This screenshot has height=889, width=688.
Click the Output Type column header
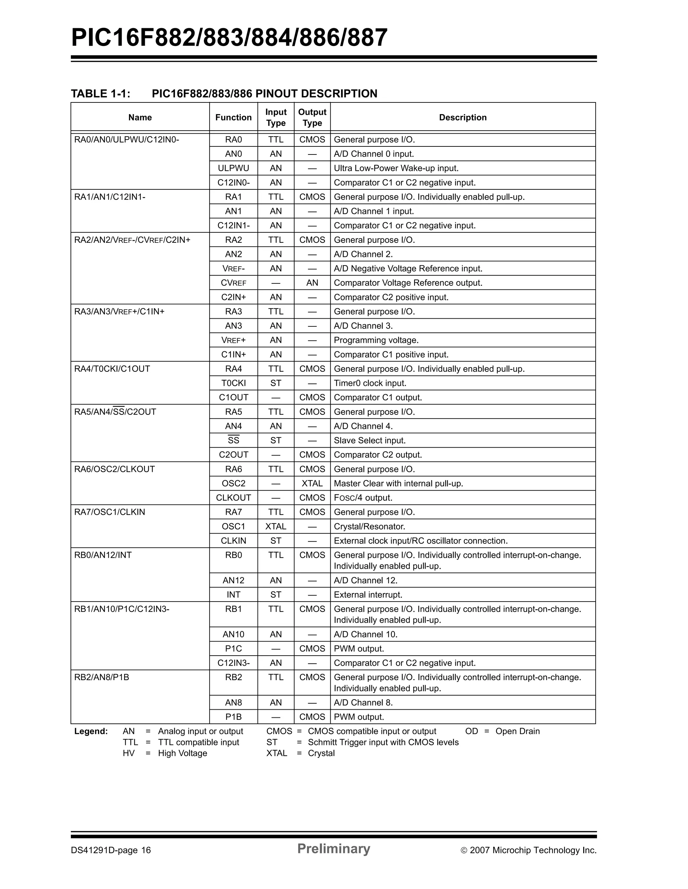(312, 117)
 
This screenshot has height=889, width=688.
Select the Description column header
(463, 117)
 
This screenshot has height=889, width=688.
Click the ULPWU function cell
(233, 168)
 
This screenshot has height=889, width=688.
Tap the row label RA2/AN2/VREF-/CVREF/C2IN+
(132, 240)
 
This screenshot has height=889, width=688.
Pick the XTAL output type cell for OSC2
(312, 483)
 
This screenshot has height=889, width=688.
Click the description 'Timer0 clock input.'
(370, 383)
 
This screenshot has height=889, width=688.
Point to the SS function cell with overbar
(233, 440)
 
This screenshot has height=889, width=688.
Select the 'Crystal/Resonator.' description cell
(369, 526)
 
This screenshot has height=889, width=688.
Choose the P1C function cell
(233, 649)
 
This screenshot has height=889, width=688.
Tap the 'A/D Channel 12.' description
(365, 580)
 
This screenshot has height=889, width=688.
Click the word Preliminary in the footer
(333, 848)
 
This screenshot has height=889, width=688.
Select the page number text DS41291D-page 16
(111, 850)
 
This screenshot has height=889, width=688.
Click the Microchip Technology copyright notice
(528, 850)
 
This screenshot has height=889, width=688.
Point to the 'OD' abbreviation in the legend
(471, 731)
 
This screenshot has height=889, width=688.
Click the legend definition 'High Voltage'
(182, 753)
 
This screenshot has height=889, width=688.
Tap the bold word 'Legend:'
(91, 731)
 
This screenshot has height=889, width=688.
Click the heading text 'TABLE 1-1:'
(100, 94)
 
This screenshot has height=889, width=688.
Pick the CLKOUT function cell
(233, 497)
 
